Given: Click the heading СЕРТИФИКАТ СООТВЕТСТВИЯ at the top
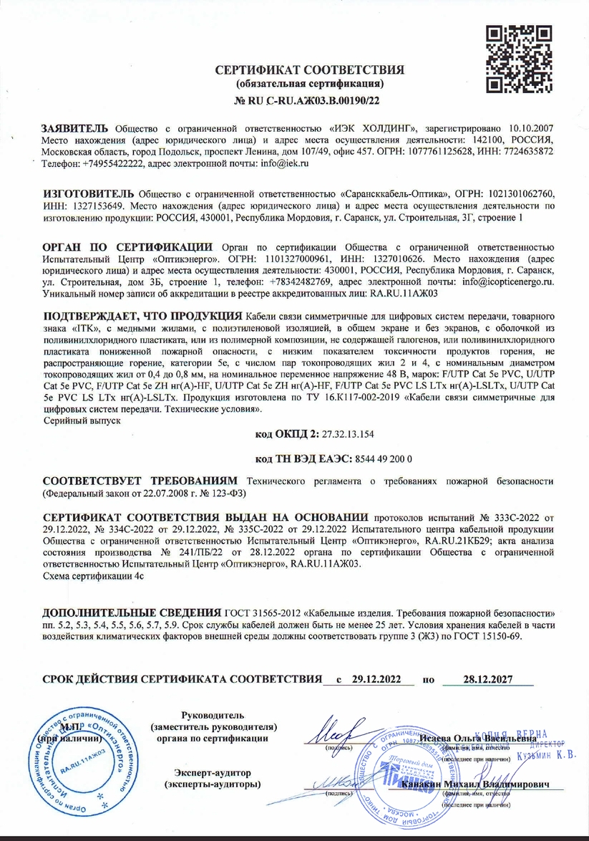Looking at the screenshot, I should [310, 70].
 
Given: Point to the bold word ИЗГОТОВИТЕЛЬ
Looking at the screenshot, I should [88, 193].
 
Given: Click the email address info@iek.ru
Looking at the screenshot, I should [258, 164].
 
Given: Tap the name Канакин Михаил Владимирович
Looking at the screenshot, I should [476, 785].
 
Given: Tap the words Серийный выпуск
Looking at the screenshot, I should [82, 421].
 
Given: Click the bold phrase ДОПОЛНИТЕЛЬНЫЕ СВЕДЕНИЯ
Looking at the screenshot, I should [131, 615].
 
